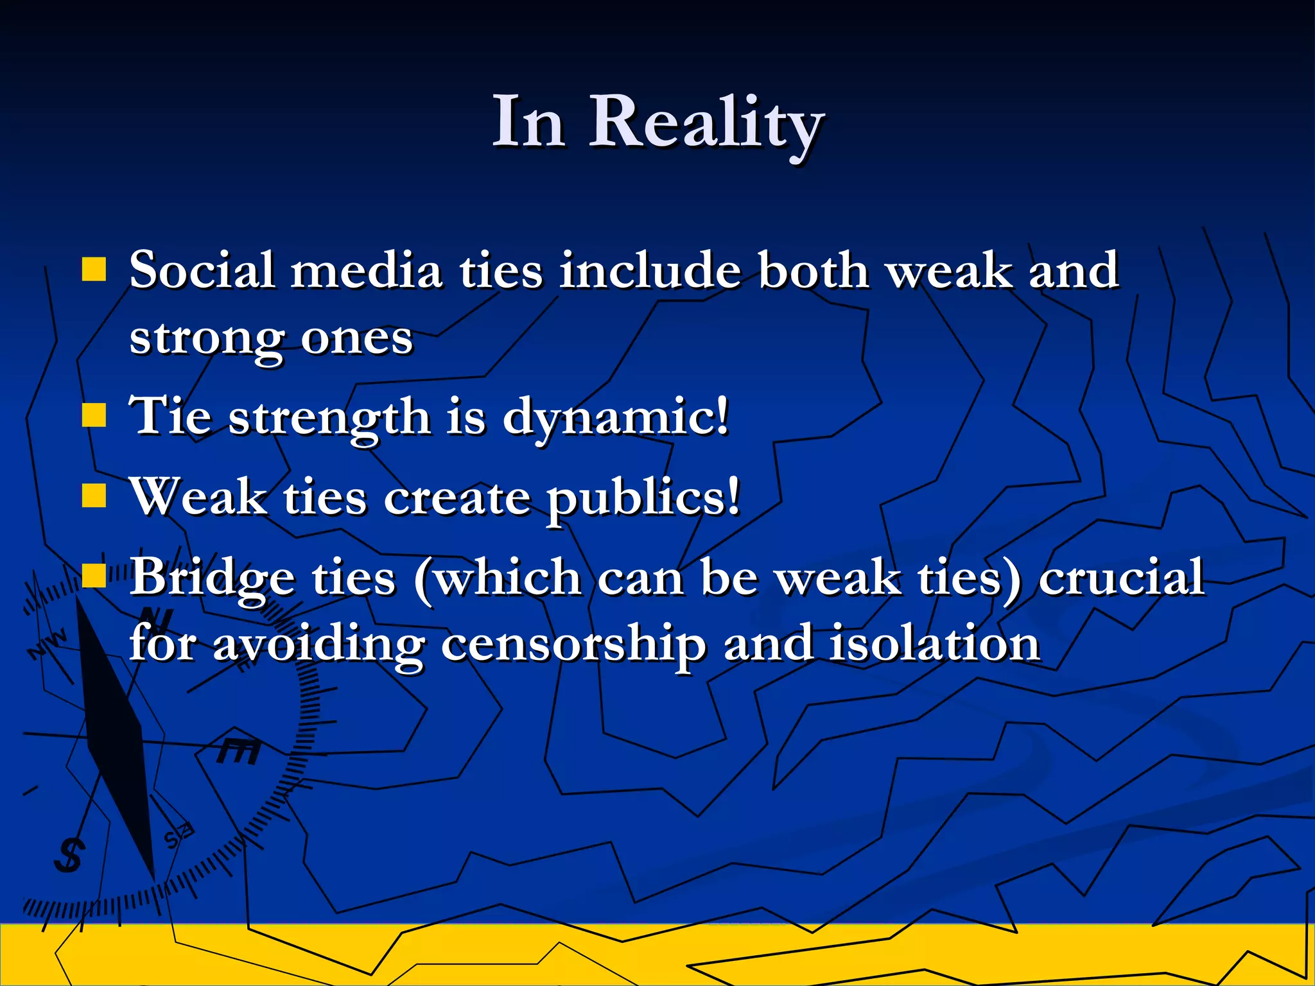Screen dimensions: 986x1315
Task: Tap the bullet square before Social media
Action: pyautogui.click(x=94, y=270)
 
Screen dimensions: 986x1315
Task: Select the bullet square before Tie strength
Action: pyautogui.click(x=94, y=415)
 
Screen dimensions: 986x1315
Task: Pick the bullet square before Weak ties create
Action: pyautogui.click(x=94, y=496)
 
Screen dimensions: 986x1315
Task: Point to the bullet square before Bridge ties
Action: pyautogui.click(x=94, y=576)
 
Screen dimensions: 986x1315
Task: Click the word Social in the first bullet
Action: pyautogui.click(x=202, y=270)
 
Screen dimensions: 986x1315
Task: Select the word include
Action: pyautogui.click(x=650, y=270)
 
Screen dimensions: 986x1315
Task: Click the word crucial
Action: pyautogui.click(x=1120, y=576)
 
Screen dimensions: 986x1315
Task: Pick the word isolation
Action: pyautogui.click(x=934, y=644)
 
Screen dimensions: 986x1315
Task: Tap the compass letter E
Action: pyautogui.click(x=239, y=752)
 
